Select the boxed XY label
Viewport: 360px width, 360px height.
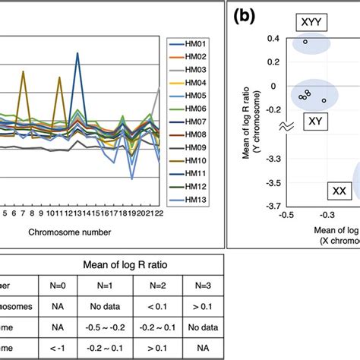tap(314, 120)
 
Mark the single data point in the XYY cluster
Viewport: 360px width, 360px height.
tap(305, 41)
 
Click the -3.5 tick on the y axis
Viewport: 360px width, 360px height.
tap(270, 182)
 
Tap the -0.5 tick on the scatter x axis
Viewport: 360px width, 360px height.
tap(287, 215)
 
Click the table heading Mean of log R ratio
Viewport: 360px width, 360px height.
tap(123, 265)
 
